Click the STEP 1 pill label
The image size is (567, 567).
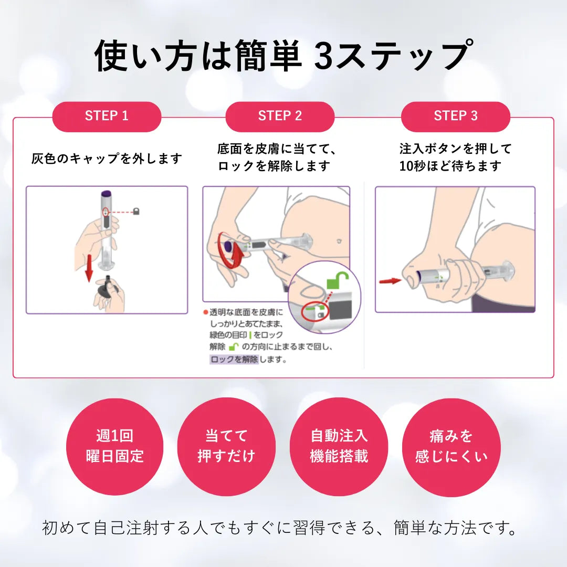[107, 117]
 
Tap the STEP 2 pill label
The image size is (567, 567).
[280, 117]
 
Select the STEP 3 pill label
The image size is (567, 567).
[456, 117]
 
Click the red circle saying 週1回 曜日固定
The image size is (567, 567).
[114, 447]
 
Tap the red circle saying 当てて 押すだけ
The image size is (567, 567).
[226, 447]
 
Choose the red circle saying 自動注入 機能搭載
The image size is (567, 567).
[339, 447]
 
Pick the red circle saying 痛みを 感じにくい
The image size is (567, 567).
[451, 447]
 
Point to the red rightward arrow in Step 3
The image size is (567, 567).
[390, 281]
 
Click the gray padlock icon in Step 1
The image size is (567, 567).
[136, 212]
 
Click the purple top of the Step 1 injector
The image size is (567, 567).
[107, 193]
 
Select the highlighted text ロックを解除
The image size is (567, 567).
[234, 360]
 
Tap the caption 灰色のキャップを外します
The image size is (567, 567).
[107, 159]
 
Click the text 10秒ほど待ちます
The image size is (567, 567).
[450, 166]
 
